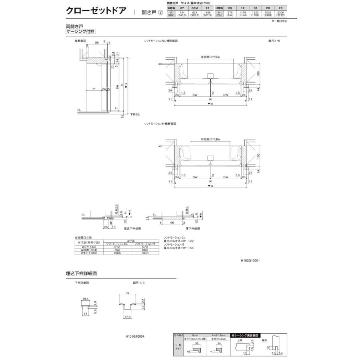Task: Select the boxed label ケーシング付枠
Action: pos(80,32)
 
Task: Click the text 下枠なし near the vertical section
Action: pos(135,114)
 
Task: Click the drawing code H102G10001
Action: pos(251,260)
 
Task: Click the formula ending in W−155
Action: pos(180,248)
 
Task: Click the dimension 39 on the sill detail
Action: pos(127,294)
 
